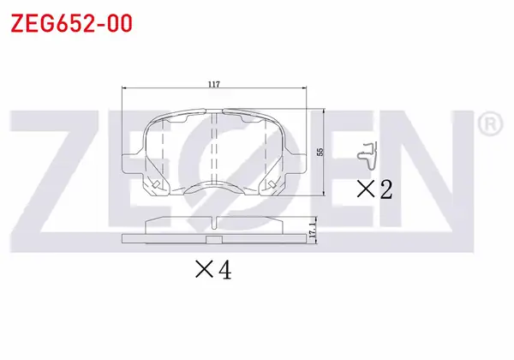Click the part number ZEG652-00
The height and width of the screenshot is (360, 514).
[71, 23]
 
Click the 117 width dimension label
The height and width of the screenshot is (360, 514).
[213, 84]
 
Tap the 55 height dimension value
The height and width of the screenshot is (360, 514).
[320, 152]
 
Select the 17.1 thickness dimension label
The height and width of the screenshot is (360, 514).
[312, 230]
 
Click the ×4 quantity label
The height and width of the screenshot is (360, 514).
[213, 270]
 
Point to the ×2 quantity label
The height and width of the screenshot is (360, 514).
[374, 189]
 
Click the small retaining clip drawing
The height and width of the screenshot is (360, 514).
[368, 156]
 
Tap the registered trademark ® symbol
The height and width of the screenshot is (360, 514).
[490, 123]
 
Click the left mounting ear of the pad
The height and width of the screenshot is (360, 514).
[133, 163]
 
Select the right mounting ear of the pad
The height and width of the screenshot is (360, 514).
[295, 163]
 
